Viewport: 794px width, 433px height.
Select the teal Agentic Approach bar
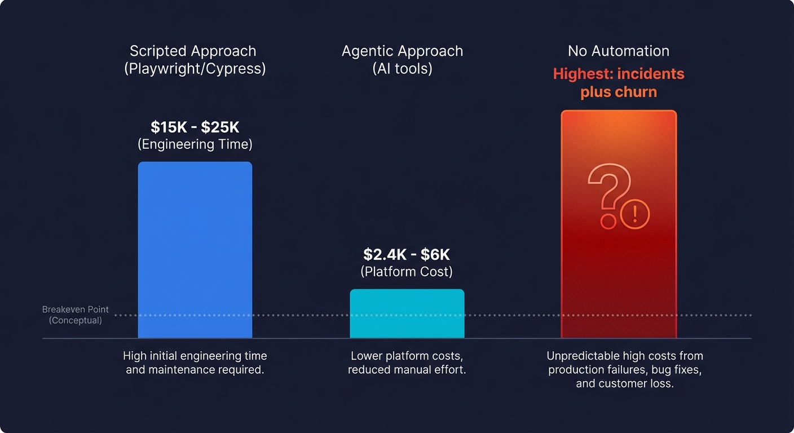[x=407, y=313]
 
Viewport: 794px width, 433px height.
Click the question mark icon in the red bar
[x=606, y=195]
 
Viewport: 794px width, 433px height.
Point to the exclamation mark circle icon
[x=635, y=214]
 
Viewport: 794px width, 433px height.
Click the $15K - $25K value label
[x=195, y=127]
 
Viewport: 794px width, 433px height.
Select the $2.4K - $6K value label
[x=407, y=254]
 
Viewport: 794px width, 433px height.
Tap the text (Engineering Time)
[x=195, y=144]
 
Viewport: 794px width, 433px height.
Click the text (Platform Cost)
[x=407, y=271]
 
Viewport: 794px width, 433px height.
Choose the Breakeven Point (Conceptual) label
[x=76, y=315]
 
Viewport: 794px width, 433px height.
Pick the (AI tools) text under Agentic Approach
[x=402, y=68]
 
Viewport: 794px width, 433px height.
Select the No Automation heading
[x=619, y=51]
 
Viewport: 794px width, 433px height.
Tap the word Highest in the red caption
[x=576, y=74]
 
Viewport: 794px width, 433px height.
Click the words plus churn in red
[x=619, y=91]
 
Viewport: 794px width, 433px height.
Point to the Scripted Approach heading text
[x=193, y=51]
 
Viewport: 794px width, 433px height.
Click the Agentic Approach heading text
[x=402, y=51]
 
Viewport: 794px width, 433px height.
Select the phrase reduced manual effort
[x=407, y=370]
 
